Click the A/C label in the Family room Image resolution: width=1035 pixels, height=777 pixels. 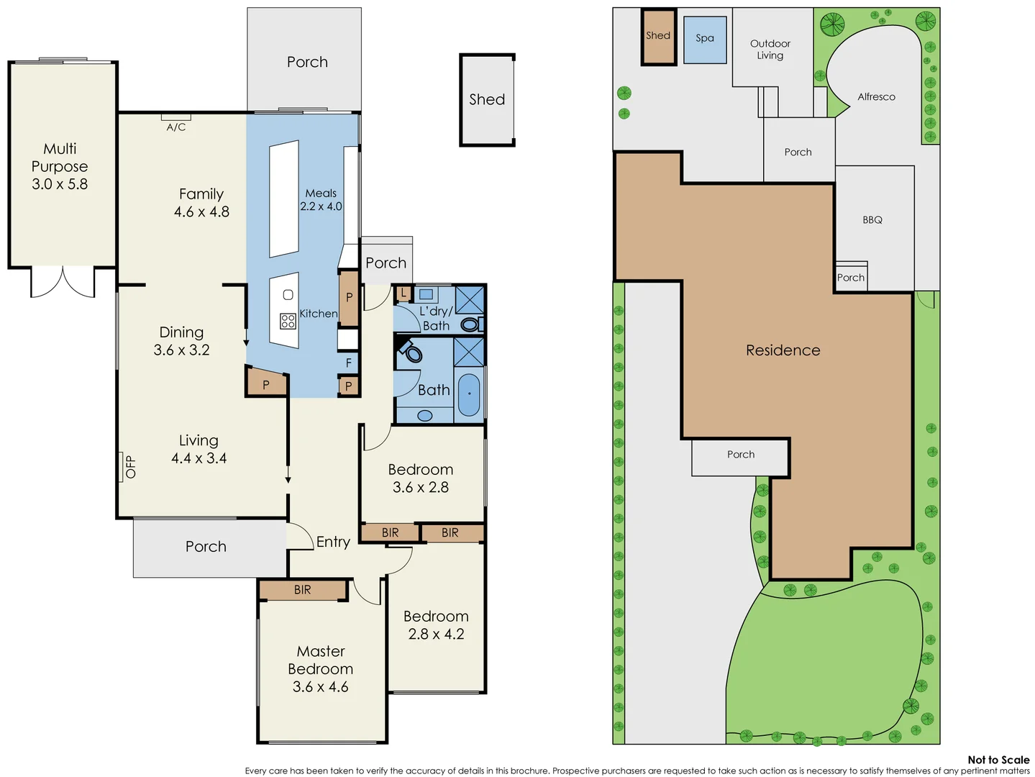coord(176,127)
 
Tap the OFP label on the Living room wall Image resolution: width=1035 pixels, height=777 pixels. coord(130,467)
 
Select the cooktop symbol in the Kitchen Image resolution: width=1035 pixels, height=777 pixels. coord(288,321)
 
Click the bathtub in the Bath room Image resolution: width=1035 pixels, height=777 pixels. coord(468,394)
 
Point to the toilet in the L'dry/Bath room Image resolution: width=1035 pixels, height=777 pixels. coord(470,324)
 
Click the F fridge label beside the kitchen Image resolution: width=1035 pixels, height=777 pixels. coord(349,363)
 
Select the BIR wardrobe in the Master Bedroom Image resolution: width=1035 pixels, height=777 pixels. coord(303,590)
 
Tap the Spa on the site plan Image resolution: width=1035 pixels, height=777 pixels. coord(705,38)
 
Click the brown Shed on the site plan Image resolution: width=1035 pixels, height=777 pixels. coord(658,36)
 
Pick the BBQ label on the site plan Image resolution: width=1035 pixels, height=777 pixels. coord(872,220)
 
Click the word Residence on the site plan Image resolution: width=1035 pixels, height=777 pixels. coord(783,350)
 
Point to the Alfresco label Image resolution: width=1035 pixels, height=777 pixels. coord(876,97)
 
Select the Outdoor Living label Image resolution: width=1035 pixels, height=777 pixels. coord(770,50)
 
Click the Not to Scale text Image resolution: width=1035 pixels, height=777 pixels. coord(998,760)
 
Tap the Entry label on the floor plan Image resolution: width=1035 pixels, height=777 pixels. coord(333,542)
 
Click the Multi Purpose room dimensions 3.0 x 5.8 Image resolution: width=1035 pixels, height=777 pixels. coord(60,184)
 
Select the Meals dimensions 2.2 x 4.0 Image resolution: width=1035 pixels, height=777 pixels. coord(321,206)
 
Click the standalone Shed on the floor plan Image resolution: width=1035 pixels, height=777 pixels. coord(487,100)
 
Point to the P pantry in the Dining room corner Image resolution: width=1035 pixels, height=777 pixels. coord(266,385)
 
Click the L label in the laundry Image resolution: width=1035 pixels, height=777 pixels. coord(403,294)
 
